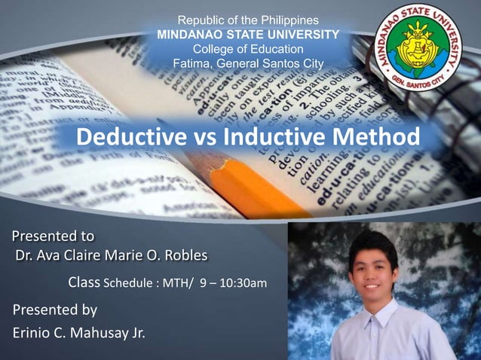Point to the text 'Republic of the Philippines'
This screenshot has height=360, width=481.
pyautogui.click(x=247, y=20)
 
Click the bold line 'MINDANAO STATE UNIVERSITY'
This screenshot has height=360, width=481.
pyautogui.click(x=247, y=35)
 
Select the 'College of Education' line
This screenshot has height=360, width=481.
pyautogui.click(x=247, y=49)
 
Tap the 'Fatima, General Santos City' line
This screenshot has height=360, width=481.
pyautogui.click(x=247, y=63)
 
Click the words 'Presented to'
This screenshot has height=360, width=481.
pyautogui.click(x=53, y=237)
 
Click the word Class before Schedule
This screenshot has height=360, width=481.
pyautogui.click(x=84, y=283)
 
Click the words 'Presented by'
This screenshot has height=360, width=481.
pyautogui.click(x=54, y=310)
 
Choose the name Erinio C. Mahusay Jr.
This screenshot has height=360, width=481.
pyautogui.click(x=78, y=332)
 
